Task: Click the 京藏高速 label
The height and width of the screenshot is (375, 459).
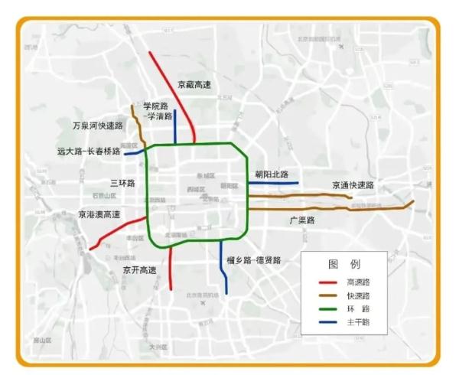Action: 194,85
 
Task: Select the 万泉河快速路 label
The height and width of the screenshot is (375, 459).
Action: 97,125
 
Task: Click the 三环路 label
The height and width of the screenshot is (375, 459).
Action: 122,183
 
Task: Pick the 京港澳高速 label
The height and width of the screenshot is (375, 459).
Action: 99,215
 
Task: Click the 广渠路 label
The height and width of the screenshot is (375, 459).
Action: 302,220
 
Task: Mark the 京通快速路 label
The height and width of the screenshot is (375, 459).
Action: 353,185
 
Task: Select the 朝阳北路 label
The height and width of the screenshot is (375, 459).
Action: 272,175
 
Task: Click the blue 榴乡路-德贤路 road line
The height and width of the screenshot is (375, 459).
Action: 222,268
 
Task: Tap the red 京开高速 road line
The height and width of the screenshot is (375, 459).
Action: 170,268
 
